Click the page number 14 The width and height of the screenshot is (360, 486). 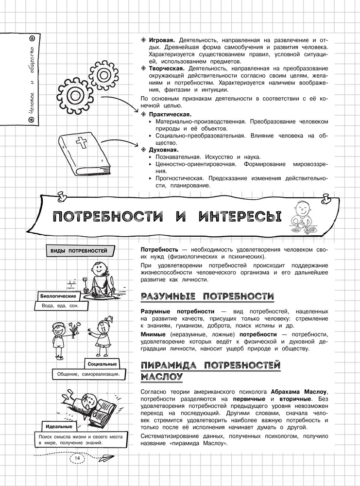coord(78,458)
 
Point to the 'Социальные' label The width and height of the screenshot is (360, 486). coord(102,364)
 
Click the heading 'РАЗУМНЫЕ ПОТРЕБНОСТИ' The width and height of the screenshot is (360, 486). coord(206,296)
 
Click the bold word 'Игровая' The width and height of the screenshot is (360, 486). coord(162,39)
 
